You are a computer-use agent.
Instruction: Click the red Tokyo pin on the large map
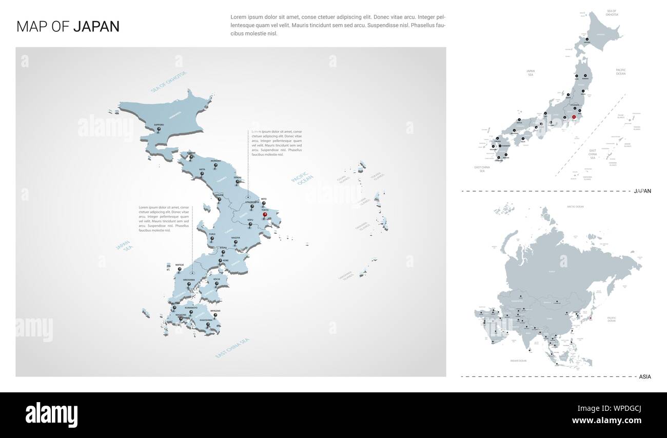point(265,216)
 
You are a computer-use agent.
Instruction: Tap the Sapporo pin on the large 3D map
point(159,130)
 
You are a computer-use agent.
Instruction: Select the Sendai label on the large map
point(237,177)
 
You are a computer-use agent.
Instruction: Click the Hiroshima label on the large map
point(189,280)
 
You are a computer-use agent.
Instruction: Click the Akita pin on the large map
point(202,174)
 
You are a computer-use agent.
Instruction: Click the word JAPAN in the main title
point(96,27)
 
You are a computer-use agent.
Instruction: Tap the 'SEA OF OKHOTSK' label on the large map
point(169,82)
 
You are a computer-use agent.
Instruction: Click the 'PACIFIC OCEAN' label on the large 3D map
point(302,183)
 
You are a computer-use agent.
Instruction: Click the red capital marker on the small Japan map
point(574,117)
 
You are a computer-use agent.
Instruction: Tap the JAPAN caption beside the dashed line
point(642,191)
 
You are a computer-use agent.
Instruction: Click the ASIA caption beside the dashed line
point(645,376)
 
